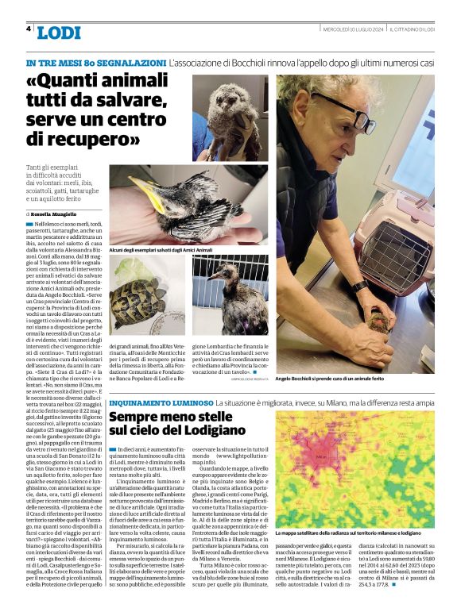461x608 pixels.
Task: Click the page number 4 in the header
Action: pos(29,29)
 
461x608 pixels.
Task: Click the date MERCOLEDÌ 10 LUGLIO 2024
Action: pos(354,29)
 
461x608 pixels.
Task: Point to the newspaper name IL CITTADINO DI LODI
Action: pos(412,29)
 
